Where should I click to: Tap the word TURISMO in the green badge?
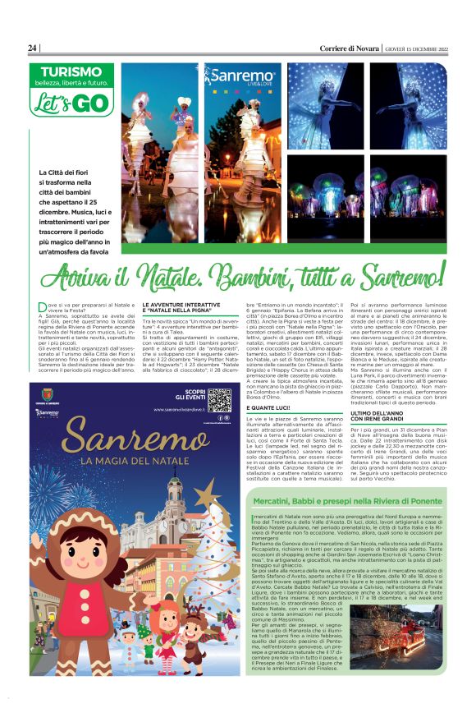click(71, 72)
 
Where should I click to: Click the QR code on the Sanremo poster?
click(219, 400)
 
